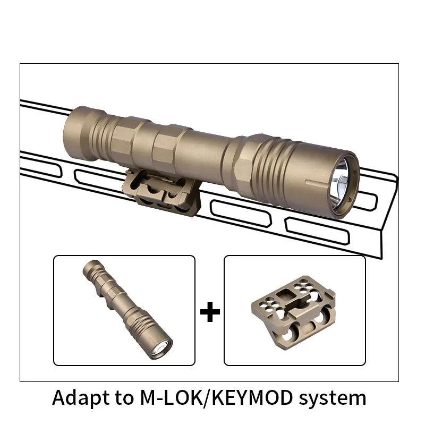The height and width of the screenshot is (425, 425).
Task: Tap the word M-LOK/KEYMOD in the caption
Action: coord(217,397)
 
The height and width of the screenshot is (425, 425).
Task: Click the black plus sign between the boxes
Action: coord(210,312)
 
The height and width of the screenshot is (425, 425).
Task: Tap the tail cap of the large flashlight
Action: coord(79,134)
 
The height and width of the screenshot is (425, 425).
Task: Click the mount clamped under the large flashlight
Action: coord(162,192)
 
